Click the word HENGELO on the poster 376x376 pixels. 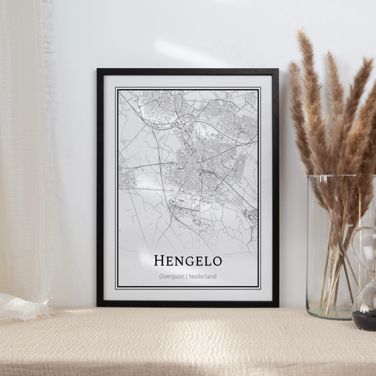[187, 261]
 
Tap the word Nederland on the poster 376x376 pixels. [203, 276]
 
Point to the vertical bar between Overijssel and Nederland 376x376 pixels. [186, 276]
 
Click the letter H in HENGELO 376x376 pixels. [159, 261]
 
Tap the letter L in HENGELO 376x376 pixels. [206, 261]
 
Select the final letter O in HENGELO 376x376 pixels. [216, 261]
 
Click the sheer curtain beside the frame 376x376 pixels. [25, 150]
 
